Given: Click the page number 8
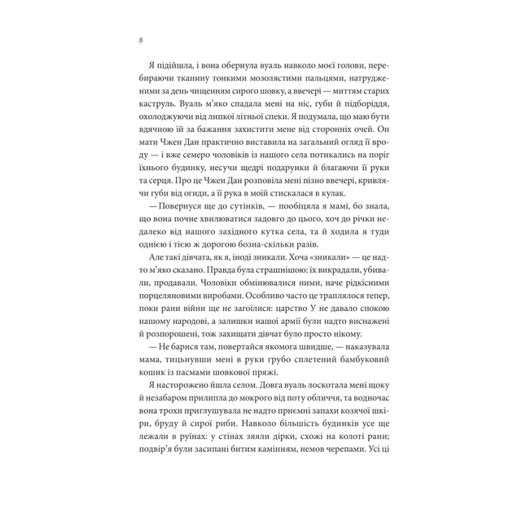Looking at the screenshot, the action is (142, 40).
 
